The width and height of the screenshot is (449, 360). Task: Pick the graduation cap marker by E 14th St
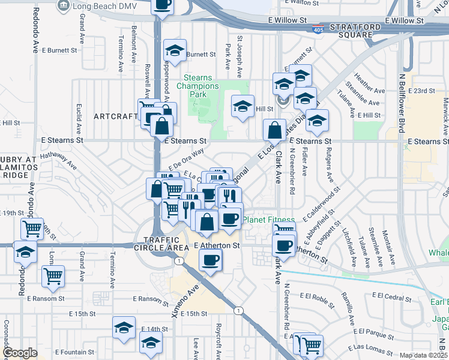[124, 328]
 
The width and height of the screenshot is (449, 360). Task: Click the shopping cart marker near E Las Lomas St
[312, 345]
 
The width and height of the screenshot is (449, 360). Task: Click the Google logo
[19, 353]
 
